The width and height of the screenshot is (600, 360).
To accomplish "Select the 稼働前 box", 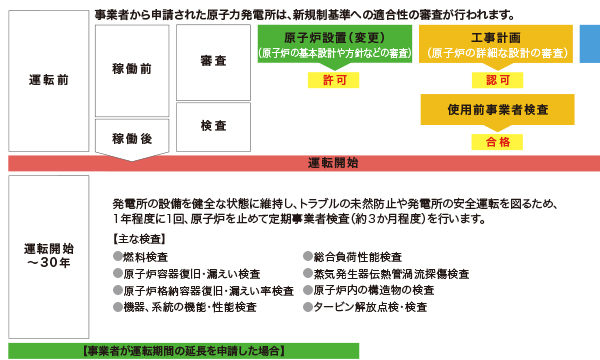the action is tap(131, 69).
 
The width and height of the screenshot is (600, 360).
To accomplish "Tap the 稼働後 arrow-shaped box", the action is tap(131, 139).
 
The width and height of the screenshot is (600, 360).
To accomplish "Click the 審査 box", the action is tap(211, 61).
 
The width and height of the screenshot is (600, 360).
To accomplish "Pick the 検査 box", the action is tap(211, 126).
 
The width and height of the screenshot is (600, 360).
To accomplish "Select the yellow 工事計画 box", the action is tap(496, 45).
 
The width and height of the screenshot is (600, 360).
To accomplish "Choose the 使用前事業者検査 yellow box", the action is tap(496, 108).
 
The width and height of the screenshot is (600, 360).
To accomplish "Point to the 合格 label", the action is tap(496, 142).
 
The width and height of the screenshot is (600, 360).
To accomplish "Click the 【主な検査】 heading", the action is tap(139, 240).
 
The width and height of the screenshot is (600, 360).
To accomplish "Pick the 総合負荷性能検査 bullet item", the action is tap(356, 257).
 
